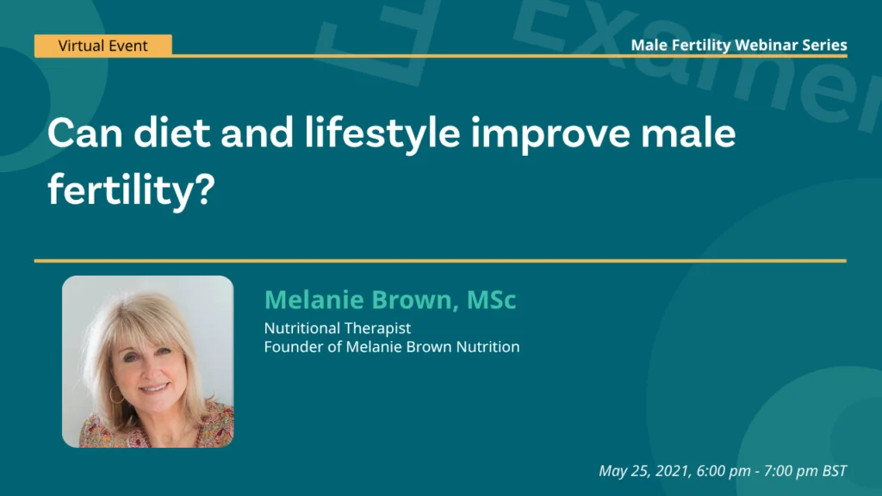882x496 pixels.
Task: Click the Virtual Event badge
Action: [103, 46]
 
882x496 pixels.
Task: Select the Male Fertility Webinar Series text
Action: [738, 45]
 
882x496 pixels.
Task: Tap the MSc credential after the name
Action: [491, 300]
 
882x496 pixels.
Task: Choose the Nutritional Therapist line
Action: [337, 328]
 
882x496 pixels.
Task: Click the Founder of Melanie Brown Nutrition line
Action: [391, 347]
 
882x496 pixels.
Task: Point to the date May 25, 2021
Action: [636, 471]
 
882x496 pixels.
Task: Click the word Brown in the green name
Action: [414, 300]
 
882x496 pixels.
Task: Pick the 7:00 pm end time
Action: [787, 471]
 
